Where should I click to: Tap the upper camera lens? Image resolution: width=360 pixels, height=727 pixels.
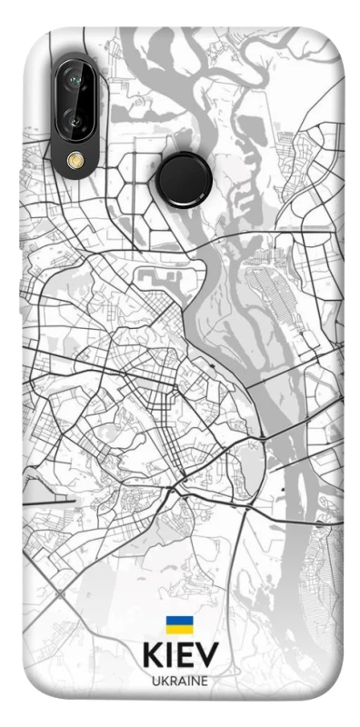click(x=75, y=82)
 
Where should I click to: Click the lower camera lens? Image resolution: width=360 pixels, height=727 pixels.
click(x=75, y=120)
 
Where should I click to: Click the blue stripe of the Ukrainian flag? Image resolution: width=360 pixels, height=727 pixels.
click(x=179, y=619)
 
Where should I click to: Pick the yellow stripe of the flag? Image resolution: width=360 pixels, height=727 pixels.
click(x=179, y=628)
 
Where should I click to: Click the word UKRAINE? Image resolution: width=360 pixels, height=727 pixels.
click(x=179, y=680)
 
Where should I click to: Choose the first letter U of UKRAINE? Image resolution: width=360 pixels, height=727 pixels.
click(x=155, y=680)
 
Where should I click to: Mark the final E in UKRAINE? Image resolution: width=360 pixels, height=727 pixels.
click(x=205, y=680)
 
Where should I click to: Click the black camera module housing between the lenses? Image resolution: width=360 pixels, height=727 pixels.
click(x=75, y=101)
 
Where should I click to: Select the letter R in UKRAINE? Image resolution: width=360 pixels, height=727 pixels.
click(x=171, y=680)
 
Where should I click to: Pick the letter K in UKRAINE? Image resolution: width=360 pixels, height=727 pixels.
click(x=163, y=680)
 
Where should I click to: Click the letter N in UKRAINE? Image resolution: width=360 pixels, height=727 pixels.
click(x=196, y=680)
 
